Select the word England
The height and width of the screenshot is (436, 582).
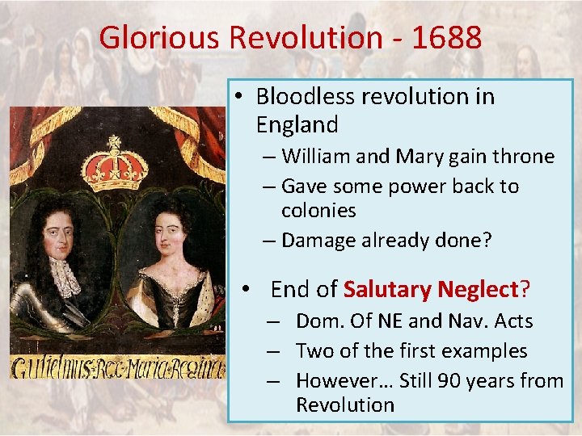(297, 125)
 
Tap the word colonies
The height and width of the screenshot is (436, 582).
(318, 211)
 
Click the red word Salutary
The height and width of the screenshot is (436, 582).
(388, 289)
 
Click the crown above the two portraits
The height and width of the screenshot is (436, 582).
(115, 166)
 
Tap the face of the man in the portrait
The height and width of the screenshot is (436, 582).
(57, 236)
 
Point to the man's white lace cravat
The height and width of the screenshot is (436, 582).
(65, 275)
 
